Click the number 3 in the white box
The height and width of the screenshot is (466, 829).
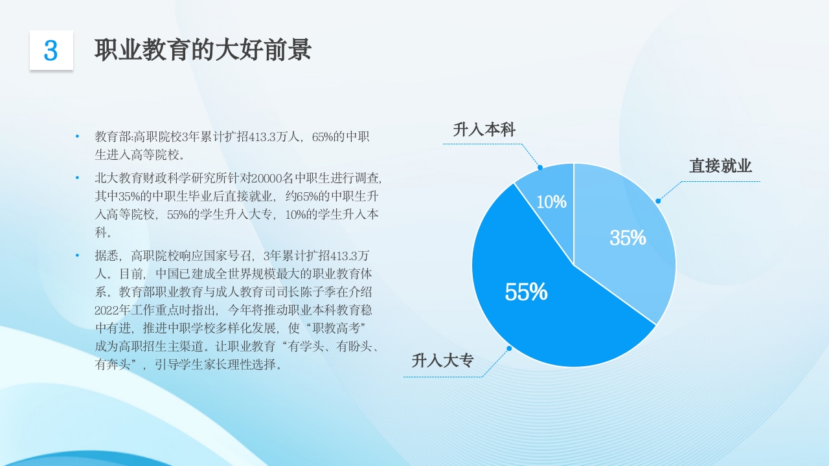51,50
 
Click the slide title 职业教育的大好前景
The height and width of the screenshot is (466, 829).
203,50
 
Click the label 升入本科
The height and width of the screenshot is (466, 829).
484,129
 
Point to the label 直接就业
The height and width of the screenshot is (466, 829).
720,166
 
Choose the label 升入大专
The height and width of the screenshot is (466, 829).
443,361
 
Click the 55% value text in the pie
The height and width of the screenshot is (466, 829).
526,293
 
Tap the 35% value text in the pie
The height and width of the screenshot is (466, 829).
628,238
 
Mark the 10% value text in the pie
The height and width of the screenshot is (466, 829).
551,202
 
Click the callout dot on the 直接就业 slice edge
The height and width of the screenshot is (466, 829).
658,201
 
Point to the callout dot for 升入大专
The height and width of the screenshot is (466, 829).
509,348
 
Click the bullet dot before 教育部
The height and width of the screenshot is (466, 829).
77,137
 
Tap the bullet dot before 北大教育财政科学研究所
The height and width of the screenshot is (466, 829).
77,177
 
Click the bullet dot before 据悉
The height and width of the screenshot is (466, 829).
77,255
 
